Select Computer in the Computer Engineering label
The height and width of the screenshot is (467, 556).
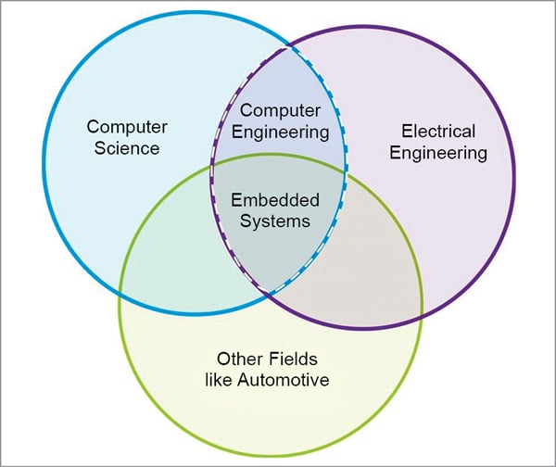279,109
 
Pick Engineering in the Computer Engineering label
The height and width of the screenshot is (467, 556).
279,131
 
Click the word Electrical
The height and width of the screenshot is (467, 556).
438,131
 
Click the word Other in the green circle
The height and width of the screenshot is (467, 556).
237,357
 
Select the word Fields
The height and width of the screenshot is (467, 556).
289,357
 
